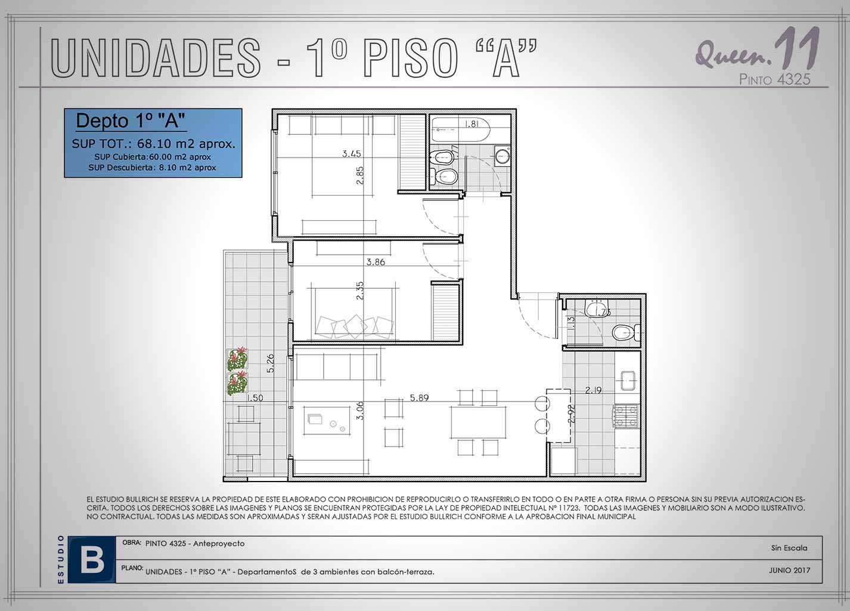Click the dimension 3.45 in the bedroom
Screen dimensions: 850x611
point(351,154)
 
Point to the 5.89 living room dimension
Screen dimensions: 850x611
point(419,397)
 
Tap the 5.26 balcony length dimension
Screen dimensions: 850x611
point(270,363)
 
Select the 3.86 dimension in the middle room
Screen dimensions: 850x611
point(376,262)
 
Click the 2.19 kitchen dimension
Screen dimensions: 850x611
point(593,390)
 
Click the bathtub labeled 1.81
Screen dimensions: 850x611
point(461,129)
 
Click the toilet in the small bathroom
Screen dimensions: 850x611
point(626,333)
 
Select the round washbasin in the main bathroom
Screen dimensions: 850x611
point(503,156)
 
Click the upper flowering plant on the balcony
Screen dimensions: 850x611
point(238,359)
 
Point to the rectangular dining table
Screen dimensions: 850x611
point(479,422)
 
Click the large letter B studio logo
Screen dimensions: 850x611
point(92,560)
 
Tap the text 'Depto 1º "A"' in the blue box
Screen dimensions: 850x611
point(131,121)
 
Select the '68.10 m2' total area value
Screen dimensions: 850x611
point(166,144)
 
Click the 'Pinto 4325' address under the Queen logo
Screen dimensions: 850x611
point(774,79)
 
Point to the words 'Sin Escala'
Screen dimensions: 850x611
point(789,548)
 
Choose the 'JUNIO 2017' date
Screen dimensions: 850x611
point(789,570)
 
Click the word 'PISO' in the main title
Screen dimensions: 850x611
point(411,58)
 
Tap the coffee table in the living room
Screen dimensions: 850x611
point(327,421)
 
